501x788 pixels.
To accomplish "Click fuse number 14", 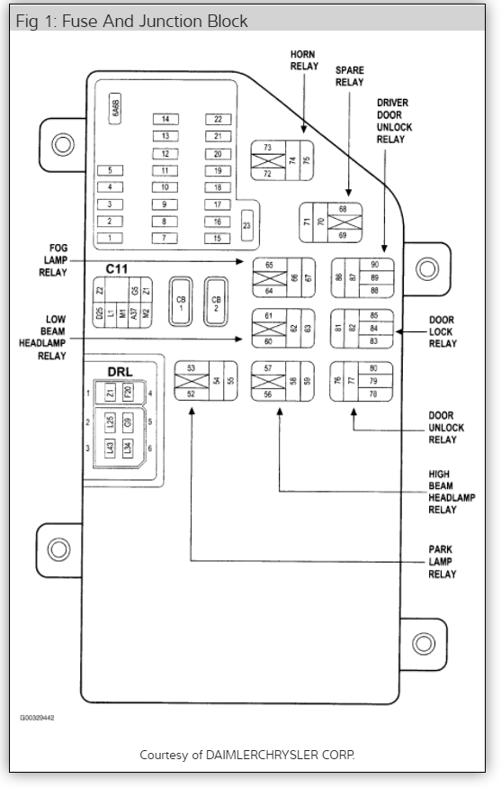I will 165,119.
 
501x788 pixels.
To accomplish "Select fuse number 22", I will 217,119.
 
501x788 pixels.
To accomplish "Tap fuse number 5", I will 110,170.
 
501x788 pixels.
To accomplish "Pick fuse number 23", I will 247,225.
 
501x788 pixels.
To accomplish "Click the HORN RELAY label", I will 303,59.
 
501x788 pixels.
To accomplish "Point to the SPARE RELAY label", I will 349,76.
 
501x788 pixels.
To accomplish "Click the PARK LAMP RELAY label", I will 442,562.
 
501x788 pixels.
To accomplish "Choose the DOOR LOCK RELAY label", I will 442,331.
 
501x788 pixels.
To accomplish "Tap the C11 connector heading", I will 117,268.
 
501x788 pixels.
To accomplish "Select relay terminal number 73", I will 267,147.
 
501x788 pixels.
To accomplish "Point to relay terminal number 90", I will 374,264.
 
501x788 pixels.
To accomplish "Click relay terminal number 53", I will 191,368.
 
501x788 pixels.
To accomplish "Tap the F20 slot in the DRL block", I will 128,393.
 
